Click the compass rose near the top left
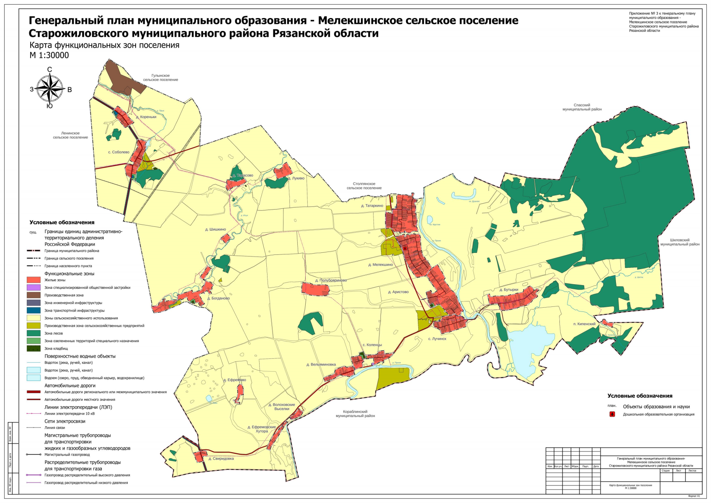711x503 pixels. coord(50,88)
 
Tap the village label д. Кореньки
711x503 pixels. coord(146,117)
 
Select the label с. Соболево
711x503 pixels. coord(118,152)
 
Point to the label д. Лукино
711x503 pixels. coord(296,178)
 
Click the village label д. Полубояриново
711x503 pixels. coord(331,280)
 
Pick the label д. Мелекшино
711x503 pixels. coord(380,265)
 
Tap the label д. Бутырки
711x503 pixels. coord(509,290)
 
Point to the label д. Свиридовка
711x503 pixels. coord(221,459)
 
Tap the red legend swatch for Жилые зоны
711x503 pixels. coord(33,280)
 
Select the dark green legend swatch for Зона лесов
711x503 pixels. coord(33,333)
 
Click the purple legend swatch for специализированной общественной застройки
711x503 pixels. coord(33,288)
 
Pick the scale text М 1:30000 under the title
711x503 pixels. coord(49,55)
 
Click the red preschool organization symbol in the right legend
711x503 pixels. coord(612,415)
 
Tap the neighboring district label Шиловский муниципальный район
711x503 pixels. coord(680,242)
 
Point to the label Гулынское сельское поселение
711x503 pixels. coord(160,78)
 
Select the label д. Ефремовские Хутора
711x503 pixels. coord(261,429)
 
